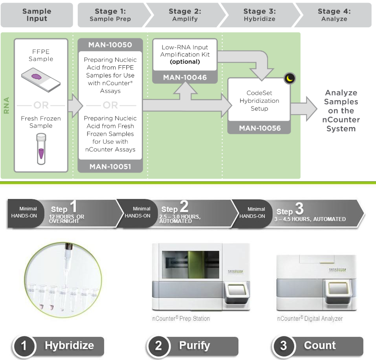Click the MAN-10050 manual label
tap(110, 45)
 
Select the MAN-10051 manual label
tap(110, 166)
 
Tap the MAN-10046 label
tap(185, 77)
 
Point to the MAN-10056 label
tap(260, 128)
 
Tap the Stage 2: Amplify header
tap(185, 15)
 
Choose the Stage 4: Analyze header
tap(334, 15)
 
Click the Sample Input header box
tap(37, 15)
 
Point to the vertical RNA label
tap(6, 105)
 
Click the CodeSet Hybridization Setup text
tap(260, 101)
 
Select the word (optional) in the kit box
tap(185, 62)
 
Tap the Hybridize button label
tap(69, 346)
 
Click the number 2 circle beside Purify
tap(158, 346)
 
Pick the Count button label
tap(319, 346)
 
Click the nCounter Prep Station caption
tap(181, 319)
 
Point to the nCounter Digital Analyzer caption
tap(310, 319)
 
